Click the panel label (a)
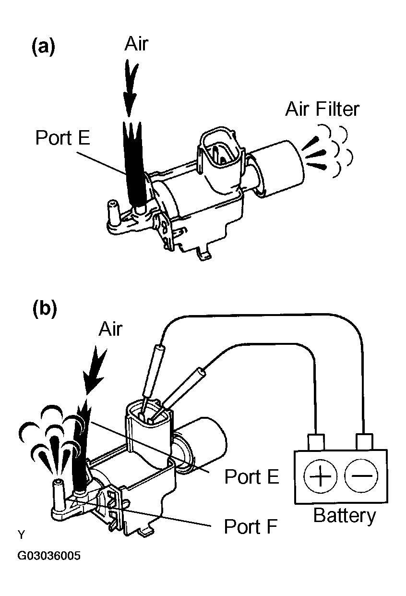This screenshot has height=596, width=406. tap(44, 47)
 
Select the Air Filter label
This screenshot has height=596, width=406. tap(322, 109)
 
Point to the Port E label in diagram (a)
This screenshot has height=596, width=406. tap(63, 137)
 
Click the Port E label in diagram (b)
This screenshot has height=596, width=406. tap(251, 476)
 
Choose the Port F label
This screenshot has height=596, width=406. tap(251, 526)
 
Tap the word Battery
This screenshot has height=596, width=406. tap(345, 516)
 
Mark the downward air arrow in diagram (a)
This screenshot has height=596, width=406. tap(131, 88)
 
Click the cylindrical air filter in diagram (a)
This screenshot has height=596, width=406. tap(276, 169)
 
